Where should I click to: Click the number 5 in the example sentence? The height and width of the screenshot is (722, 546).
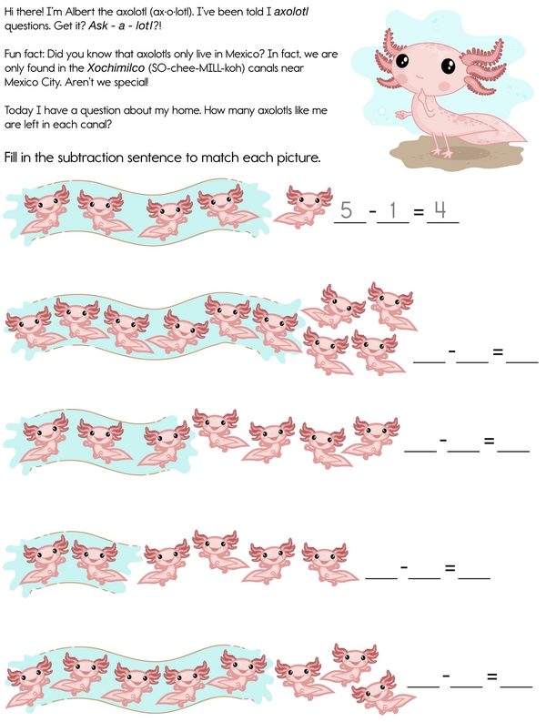coord(346,210)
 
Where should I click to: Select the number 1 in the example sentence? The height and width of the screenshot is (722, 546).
coord(393,210)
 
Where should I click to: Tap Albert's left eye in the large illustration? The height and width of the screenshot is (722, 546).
coord(403,60)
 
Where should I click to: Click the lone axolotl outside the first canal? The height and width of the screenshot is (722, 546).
coord(305,207)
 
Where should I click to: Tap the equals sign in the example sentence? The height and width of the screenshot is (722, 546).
coord(418,212)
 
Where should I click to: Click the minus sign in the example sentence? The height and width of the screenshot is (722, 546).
coord(372,211)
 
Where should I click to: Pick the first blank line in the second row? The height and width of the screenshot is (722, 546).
coord(430,362)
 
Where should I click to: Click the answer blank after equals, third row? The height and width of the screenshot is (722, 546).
coord(513,451)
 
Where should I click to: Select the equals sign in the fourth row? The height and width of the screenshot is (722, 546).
coord(450,568)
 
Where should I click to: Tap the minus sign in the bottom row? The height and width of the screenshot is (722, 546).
coord(446,676)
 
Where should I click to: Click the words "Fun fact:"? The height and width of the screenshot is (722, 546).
coord(25,54)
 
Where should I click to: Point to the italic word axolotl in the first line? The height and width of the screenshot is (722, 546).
coord(291,12)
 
